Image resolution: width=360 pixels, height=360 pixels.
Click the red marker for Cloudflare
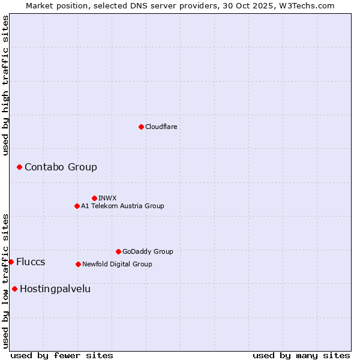[141, 127]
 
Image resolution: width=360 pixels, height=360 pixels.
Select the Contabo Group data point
[19, 167]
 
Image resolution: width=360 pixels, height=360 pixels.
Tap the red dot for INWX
[94, 198]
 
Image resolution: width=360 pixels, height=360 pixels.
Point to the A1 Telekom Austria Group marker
[77, 206]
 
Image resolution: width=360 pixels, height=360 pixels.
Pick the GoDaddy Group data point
[118, 251]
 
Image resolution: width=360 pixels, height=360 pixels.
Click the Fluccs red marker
[11, 262]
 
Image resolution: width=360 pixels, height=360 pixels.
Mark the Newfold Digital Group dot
[78, 264]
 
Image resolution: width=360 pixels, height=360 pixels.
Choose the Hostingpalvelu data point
[14, 289]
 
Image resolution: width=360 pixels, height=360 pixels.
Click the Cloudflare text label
[161, 127]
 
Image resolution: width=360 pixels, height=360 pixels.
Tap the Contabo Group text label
[61, 167]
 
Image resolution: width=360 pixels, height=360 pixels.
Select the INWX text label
[107, 198]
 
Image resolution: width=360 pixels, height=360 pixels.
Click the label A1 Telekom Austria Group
[122, 206]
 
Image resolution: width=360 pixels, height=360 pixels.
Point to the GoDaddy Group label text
[148, 251]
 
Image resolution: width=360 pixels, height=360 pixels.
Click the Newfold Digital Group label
[117, 264]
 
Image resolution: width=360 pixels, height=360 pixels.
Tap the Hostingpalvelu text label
[55, 289]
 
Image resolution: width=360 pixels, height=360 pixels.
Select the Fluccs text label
[31, 262]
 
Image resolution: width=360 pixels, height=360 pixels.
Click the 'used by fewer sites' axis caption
[62, 355]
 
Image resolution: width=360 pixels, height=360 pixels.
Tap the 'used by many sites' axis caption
[301, 355]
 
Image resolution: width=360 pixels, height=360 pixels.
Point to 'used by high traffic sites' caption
[5, 85]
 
